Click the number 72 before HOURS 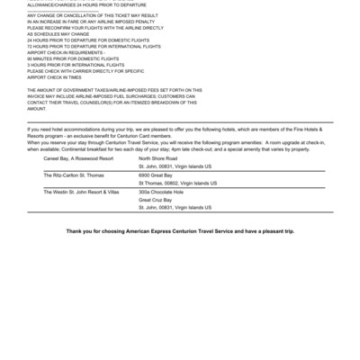31,47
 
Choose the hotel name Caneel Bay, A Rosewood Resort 79,157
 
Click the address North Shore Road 158,157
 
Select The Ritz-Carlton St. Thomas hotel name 77,175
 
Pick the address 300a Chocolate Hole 161,192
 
